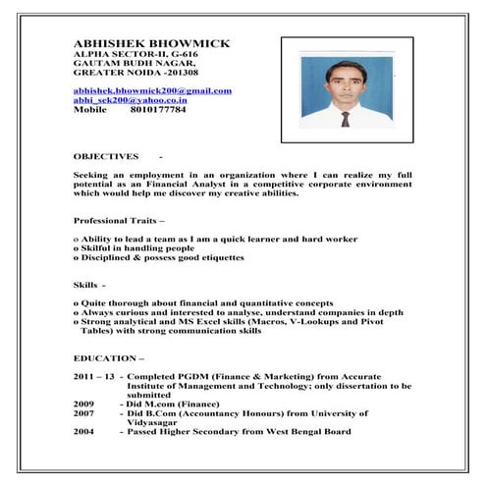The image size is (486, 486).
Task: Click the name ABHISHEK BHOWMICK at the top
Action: (x=151, y=43)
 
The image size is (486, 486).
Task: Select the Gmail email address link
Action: (x=152, y=90)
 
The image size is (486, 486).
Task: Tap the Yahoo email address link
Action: (x=131, y=100)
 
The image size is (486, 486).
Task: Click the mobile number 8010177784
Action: (x=158, y=110)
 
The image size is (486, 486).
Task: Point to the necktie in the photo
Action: (x=345, y=119)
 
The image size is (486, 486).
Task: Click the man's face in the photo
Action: (x=343, y=83)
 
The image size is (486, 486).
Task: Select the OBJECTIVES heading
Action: (x=107, y=156)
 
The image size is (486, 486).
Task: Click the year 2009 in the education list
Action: (x=84, y=404)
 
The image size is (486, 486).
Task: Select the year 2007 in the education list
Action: (x=84, y=413)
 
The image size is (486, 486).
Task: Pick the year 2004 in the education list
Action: (x=84, y=432)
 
